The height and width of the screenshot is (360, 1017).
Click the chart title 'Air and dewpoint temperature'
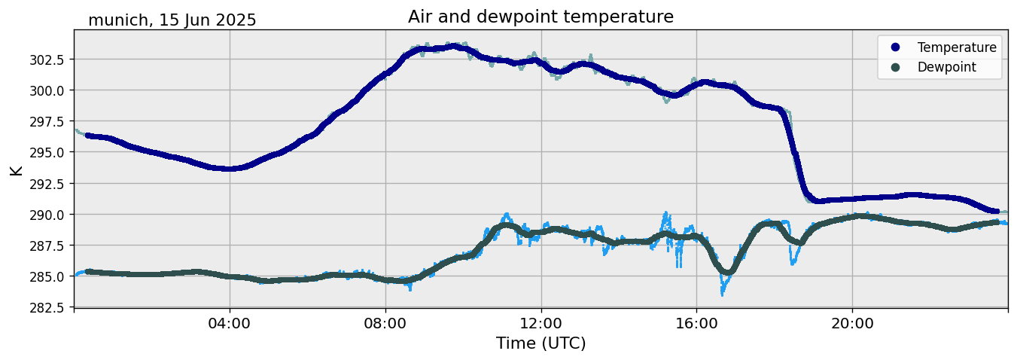click(540, 17)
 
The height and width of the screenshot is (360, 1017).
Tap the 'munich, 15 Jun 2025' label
click(172, 20)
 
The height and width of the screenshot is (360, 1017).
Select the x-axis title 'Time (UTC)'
click(540, 343)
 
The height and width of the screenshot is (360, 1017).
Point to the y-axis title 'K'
click(17, 169)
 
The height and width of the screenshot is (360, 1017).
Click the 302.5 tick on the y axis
click(47, 59)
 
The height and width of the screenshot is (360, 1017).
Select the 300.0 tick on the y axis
click(47, 90)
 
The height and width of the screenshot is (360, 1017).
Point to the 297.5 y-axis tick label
click(47, 121)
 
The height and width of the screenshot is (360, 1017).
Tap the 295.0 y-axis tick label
click(47, 152)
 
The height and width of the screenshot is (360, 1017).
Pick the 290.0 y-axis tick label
click(47, 215)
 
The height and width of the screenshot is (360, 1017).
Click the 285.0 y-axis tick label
click(47, 276)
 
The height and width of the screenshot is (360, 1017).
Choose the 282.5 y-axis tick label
click(47, 307)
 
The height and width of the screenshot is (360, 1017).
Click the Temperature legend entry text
click(957, 47)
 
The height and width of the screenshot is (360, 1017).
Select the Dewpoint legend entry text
click(946, 67)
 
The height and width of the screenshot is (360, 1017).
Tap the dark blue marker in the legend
click(895, 47)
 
